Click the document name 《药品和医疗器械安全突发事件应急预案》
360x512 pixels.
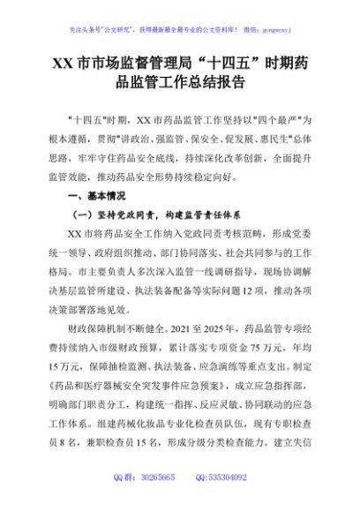[x=142, y=396]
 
